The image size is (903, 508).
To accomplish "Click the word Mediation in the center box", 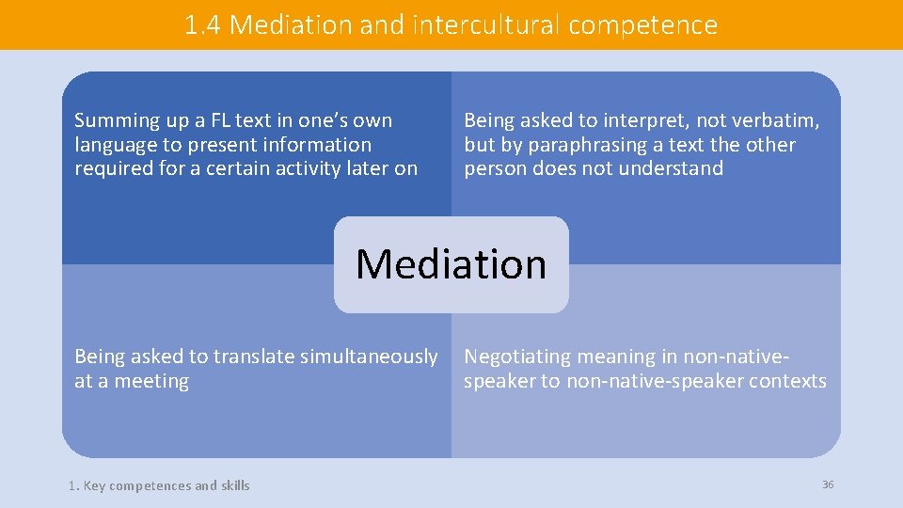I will coord(451,264).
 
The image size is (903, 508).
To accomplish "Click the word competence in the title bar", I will coord(642,25).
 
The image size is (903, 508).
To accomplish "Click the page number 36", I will coord(828,484).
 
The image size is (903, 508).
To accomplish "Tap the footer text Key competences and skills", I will coord(166,486).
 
